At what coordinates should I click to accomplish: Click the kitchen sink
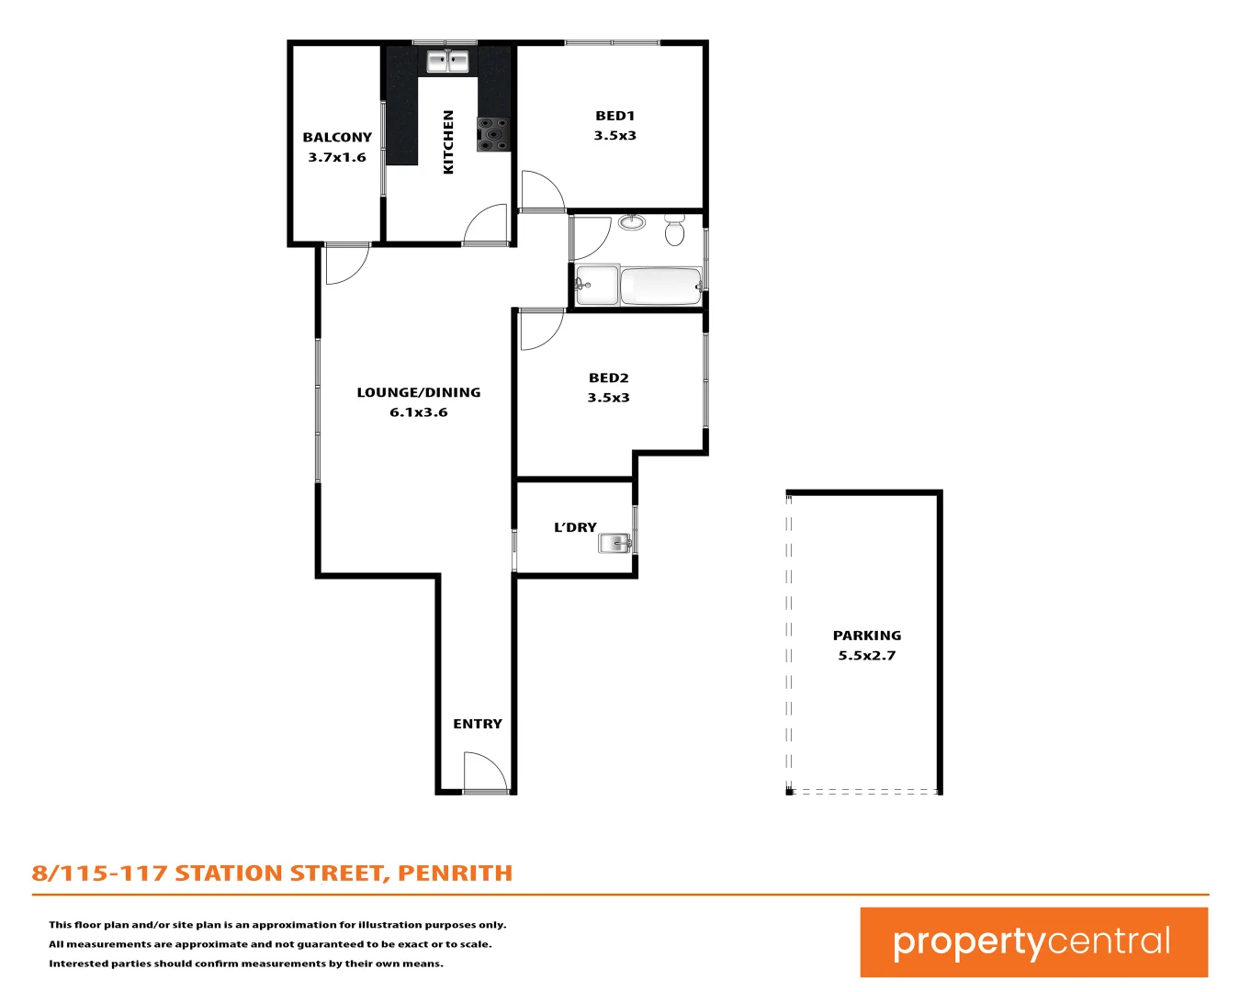(447, 62)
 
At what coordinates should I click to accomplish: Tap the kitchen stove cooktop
(492, 133)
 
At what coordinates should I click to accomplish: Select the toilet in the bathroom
(674, 231)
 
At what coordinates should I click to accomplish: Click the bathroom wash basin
(631, 221)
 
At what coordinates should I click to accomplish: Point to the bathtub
(660, 286)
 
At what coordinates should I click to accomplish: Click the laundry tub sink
(614, 544)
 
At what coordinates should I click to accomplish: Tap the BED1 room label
(614, 116)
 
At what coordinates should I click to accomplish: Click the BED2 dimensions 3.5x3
(608, 398)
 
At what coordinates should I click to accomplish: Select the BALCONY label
(337, 138)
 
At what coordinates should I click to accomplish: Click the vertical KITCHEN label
(448, 141)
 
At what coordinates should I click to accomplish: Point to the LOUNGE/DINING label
(418, 392)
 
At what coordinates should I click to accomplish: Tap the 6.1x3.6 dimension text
(418, 412)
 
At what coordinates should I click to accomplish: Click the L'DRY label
(575, 527)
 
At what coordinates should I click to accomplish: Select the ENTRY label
(478, 724)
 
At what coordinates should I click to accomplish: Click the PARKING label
(866, 636)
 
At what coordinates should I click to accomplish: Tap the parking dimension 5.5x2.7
(866, 656)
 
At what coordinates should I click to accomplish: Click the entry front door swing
(482, 772)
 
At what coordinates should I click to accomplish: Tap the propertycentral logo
(1033, 942)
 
